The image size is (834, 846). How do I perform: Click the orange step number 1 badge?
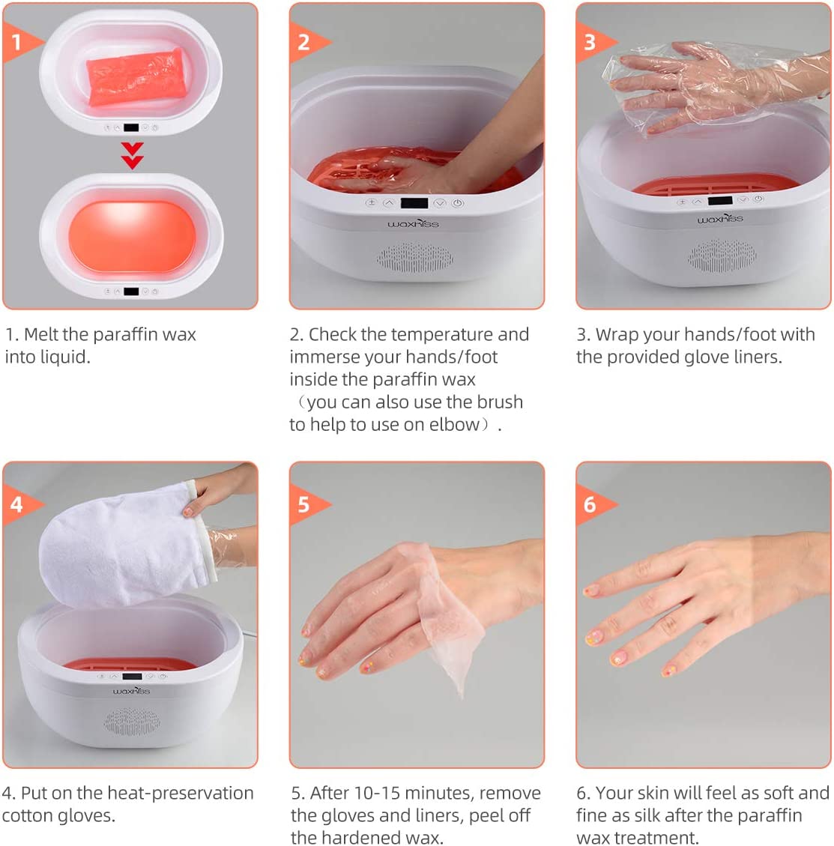click(19, 42)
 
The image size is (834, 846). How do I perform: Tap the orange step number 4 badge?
click(19, 504)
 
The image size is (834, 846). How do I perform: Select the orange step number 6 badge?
click(592, 504)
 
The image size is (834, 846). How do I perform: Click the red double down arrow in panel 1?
click(132, 156)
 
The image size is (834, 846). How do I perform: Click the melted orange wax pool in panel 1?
click(132, 238)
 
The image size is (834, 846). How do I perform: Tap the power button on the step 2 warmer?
click(457, 203)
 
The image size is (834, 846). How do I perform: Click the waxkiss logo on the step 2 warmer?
click(413, 223)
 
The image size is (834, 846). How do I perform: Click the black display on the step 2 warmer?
click(414, 203)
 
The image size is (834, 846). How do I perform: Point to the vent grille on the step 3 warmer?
click(722, 256)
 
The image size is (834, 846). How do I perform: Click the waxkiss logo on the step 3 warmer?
click(720, 219)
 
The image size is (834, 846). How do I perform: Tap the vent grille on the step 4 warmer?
click(132, 722)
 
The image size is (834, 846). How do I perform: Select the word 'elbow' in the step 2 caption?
click(454, 425)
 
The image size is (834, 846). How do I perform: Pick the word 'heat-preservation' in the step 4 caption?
click(180, 793)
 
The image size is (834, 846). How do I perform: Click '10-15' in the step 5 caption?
click(377, 793)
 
